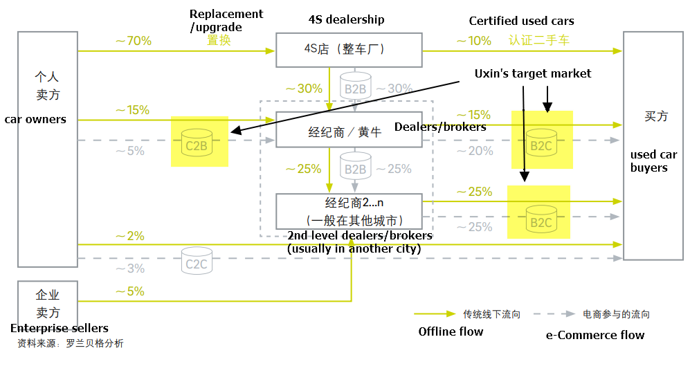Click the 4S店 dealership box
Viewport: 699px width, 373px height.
(349, 50)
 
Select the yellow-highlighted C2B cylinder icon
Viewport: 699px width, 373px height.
(197, 141)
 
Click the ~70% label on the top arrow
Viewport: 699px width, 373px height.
(133, 41)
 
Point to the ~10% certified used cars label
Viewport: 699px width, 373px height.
(473, 41)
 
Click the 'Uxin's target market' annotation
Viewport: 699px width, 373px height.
(532, 73)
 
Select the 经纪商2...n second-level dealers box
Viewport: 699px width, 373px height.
(349, 211)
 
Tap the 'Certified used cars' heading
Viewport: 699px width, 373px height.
(521, 21)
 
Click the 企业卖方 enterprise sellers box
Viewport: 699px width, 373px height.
(48, 303)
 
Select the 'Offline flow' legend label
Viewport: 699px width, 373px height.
(451, 331)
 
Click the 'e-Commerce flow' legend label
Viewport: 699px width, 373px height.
(594, 335)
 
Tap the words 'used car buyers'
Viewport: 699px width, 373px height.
(653, 161)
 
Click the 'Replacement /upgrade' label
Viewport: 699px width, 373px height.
(226, 20)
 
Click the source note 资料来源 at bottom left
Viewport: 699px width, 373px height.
(70, 343)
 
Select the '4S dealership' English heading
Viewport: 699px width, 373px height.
(346, 19)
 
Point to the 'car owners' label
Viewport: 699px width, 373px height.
(35, 119)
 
